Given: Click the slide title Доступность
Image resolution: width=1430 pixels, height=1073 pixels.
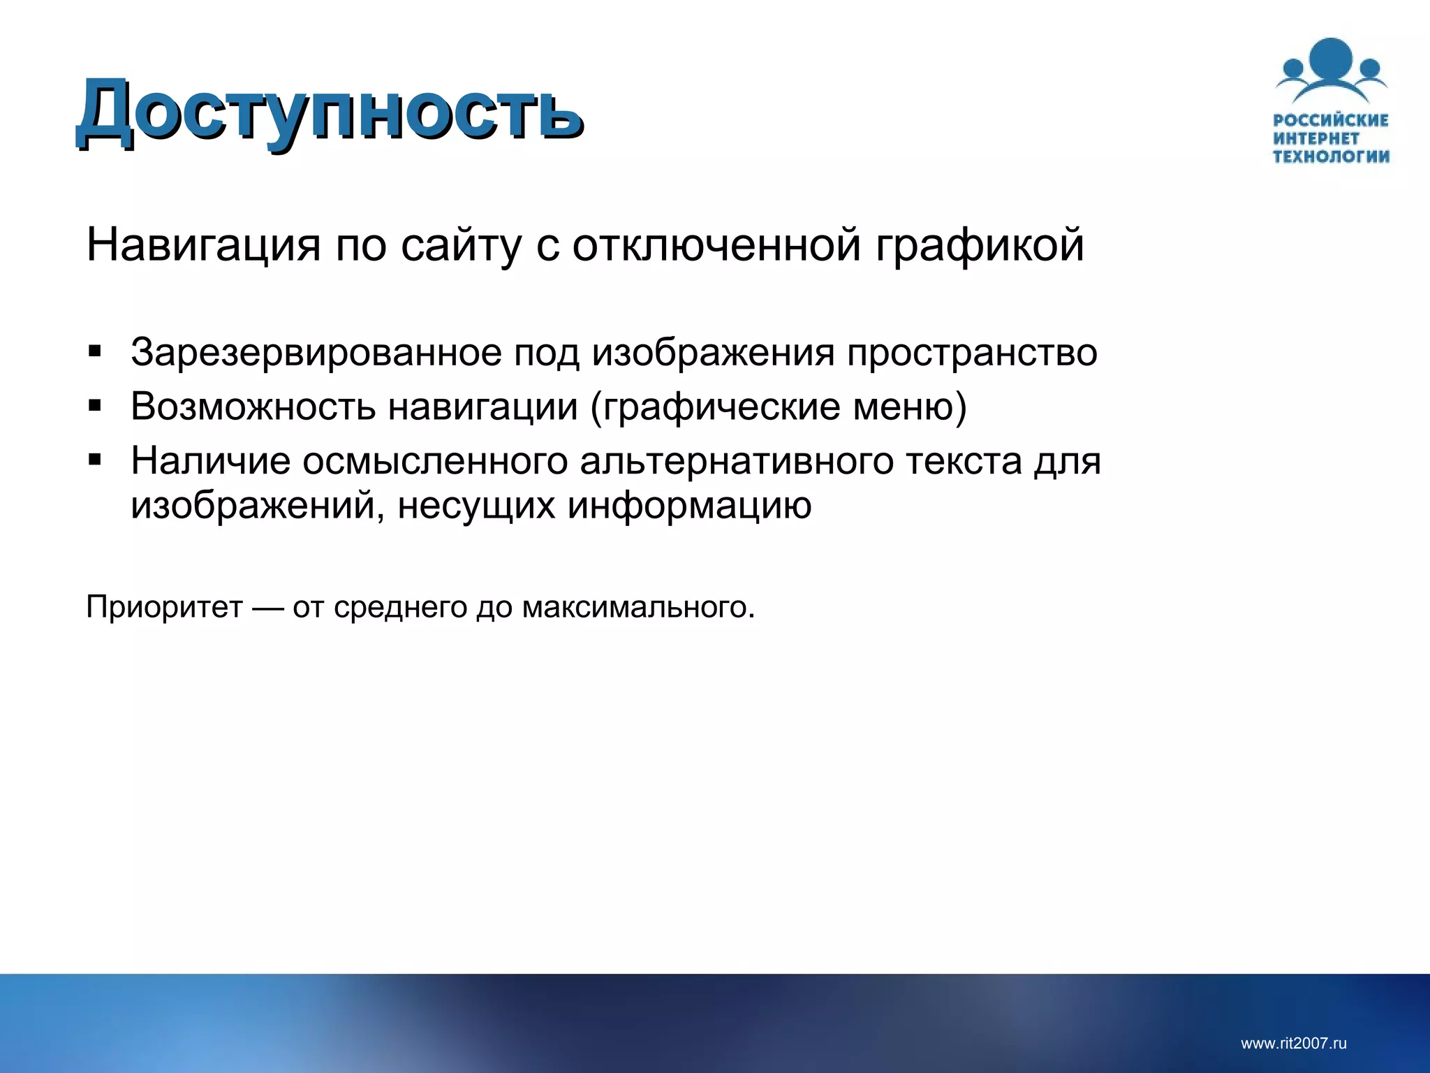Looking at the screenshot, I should coord(328,112).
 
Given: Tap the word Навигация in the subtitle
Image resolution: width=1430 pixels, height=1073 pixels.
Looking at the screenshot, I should coord(203,245).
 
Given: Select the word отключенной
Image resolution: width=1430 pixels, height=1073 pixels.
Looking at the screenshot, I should coord(716,245).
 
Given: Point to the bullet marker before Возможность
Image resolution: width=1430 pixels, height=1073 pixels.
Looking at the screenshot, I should coord(95,405).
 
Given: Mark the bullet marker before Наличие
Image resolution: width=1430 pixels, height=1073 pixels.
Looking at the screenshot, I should coord(95,460).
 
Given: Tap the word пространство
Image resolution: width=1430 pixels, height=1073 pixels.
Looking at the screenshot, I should coord(971,352).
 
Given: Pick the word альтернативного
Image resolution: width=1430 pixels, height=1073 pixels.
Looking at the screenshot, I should coord(736,461).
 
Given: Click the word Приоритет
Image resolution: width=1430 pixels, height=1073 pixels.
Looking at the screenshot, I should coord(164,606).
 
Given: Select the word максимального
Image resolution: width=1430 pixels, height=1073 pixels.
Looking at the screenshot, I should coord(638,606).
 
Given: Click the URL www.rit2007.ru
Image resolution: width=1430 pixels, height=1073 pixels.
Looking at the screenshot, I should coord(1293,1044).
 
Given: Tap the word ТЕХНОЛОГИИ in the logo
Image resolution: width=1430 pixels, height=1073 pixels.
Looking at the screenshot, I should coord(1331,156).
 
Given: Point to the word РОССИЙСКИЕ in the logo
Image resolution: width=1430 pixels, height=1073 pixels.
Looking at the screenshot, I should coord(1331,120).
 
